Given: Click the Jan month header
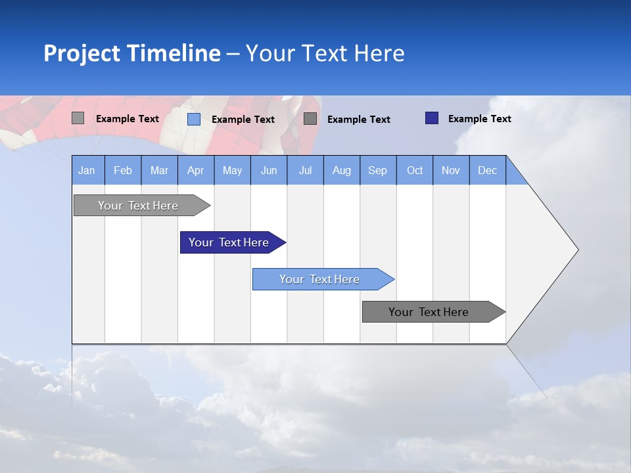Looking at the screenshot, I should tap(87, 170).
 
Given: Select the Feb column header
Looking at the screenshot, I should tap(123, 170).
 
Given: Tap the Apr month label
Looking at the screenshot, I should tap(196, 170).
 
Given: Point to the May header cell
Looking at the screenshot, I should tap(232, 170).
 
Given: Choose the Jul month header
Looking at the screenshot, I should tap(305, 170).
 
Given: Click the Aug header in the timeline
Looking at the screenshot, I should tap(342, 170).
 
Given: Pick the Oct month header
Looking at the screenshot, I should tap(415, 170).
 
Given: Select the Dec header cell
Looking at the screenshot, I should tap(488, 170).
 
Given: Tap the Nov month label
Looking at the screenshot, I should tap(451, 170).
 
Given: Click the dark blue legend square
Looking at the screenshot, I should tap(432, 118).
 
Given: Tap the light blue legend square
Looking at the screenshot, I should tap(194, 119).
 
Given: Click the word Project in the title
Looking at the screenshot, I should tap(82, 53).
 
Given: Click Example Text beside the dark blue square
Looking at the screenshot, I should tap(480, 119).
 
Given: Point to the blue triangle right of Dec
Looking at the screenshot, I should tap(515, 175).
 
